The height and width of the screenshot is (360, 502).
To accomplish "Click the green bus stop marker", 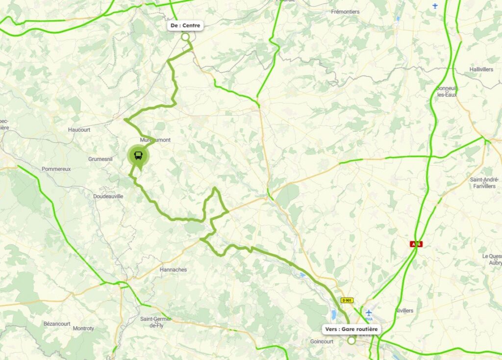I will point(139,156).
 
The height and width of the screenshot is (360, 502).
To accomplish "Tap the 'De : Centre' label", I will point(185,26).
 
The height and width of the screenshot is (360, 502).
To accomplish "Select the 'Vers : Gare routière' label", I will point(351,329).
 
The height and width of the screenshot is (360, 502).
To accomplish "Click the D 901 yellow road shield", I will point(347,300).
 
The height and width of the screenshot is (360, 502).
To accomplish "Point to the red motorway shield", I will point(416,244).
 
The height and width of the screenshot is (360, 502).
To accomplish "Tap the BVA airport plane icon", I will point(369,312).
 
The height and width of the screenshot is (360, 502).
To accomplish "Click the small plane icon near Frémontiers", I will point(435,6).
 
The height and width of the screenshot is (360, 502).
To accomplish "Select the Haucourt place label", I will point(79,130).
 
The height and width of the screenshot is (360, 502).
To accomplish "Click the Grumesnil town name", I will point(100,159).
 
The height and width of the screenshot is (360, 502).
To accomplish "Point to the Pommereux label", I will point(56,169).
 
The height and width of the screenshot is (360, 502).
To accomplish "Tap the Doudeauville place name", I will point(108,196).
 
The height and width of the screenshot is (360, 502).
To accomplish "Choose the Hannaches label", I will point(173,270).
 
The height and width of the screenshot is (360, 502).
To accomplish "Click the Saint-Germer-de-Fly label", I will point(156,322).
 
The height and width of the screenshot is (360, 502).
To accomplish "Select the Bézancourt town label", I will point(57,324).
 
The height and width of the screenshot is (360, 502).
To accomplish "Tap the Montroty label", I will point(83,328).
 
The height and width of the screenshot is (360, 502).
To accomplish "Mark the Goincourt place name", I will point(322,341).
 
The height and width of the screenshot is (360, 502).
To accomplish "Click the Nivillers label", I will point(404,310).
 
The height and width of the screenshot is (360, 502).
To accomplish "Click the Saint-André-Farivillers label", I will point(484,182).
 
